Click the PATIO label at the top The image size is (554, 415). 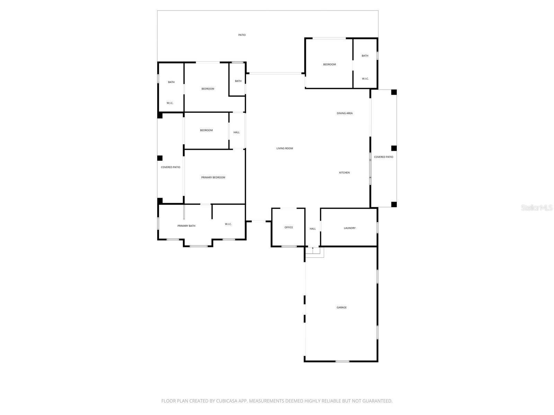point(242,35)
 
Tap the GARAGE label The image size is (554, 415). point(341,307)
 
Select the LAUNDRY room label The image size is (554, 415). point(349,228)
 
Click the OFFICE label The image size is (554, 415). point(288,228)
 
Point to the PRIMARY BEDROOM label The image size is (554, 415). point(213,177)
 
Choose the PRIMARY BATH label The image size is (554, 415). point(186,226)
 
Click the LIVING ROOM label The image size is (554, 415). point(285,148)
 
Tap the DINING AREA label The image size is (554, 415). point(345,113)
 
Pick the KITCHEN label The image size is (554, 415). point(344,173)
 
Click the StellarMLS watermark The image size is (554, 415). point(537,207)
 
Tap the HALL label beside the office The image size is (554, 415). point(313,229)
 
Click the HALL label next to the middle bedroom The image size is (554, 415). point(236,132)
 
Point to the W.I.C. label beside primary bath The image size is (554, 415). point(228,224)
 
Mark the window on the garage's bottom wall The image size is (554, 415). point(342,361)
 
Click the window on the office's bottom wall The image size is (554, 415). point(289,247)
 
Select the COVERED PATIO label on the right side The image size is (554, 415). point(383,157)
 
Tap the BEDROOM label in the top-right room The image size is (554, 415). point(329,64)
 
